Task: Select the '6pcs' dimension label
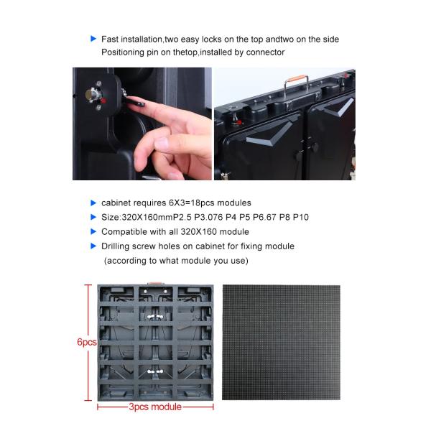click(86, 343)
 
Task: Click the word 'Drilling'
click(119, 246)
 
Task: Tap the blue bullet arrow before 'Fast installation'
click(93, 39)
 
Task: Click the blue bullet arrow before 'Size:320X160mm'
click(93, 217)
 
